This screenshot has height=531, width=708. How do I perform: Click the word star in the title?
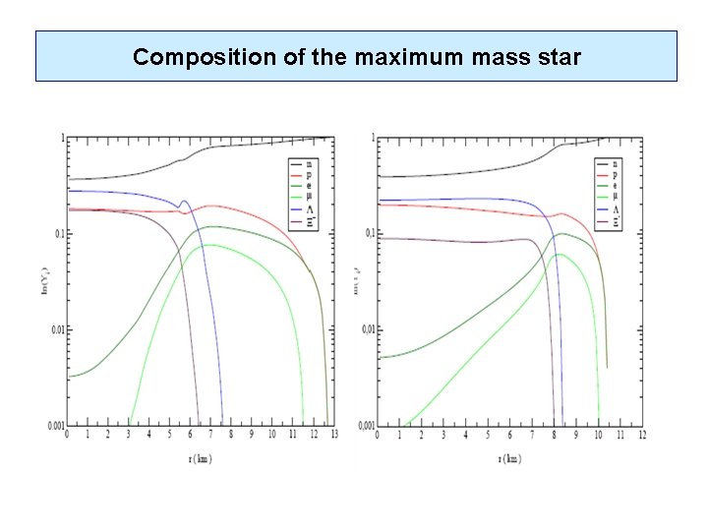coord(562,57)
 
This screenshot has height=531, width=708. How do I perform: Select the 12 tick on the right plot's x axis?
coord(642,434)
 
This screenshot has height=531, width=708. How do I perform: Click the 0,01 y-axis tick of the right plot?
coord(365,329)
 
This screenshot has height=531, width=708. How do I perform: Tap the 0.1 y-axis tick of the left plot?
coord(58,233)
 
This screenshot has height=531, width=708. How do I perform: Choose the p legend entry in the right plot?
coord(618,173)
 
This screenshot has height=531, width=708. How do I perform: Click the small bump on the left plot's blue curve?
coord(183,202)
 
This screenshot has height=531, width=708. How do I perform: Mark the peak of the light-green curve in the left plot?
coord(210,245)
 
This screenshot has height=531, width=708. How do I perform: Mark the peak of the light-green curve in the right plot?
coord(560,255)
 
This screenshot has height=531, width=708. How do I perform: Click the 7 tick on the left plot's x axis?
coord(211,434)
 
